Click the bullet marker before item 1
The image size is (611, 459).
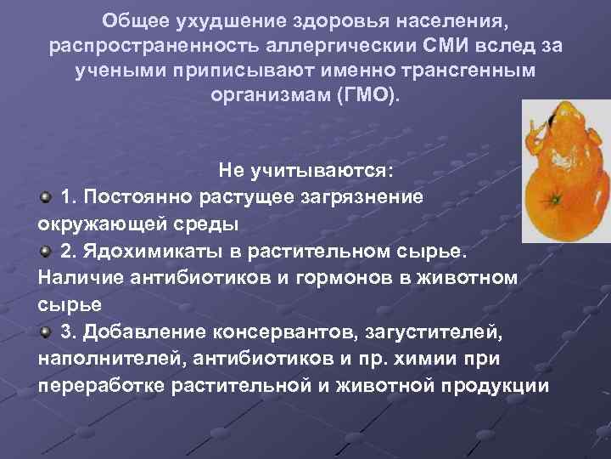(45, 197)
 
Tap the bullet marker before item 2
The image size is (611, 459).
(45, 252)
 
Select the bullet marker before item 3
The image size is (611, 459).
(45, 331)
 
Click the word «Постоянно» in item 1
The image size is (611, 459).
(137, 197)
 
